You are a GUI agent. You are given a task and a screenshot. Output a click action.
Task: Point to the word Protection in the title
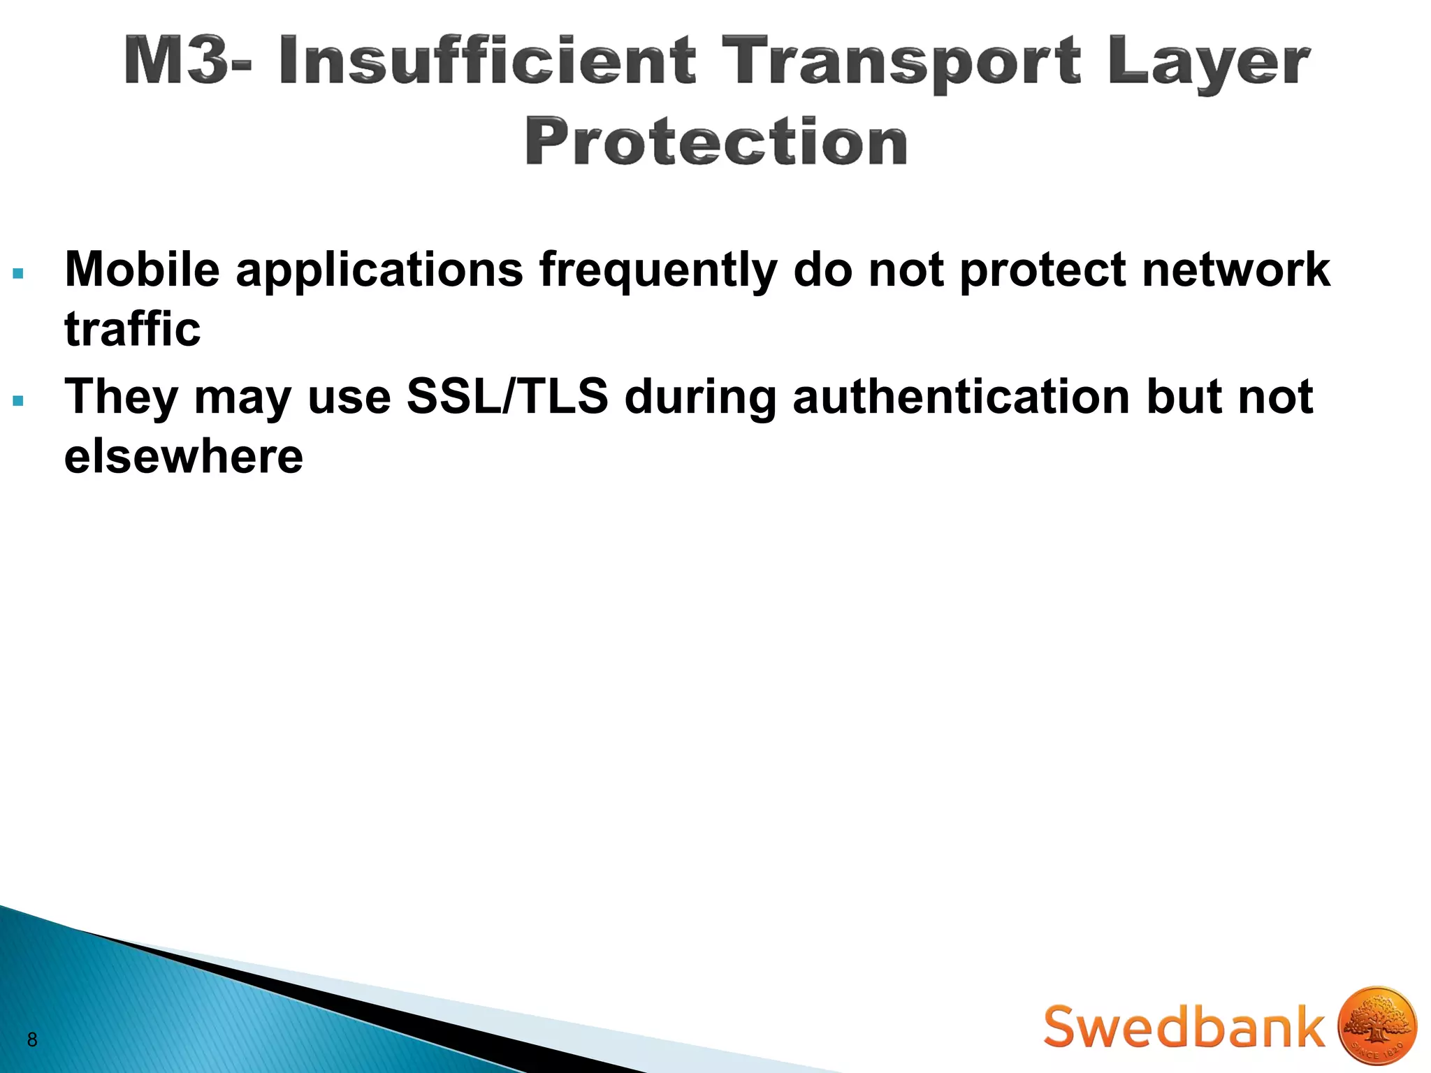pos(716,143)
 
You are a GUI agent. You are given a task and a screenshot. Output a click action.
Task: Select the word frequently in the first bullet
pos(658,272)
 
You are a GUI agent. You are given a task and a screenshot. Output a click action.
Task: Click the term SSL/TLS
pos(507,396)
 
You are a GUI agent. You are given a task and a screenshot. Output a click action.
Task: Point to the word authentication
pos(961,396)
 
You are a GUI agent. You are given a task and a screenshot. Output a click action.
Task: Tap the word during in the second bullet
pos(700,397)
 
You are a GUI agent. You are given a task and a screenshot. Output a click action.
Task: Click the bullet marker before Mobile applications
pos(18,274)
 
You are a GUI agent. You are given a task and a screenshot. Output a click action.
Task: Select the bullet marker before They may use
pos(18,402)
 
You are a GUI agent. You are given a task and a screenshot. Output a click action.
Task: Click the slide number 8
pos(31,1039)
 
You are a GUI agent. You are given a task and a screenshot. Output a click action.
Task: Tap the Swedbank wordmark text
pos(1184,1026)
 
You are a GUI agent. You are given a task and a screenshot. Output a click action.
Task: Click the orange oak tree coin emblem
pos(1377,1026)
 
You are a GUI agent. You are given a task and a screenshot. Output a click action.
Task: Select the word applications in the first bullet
pos(379,272)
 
